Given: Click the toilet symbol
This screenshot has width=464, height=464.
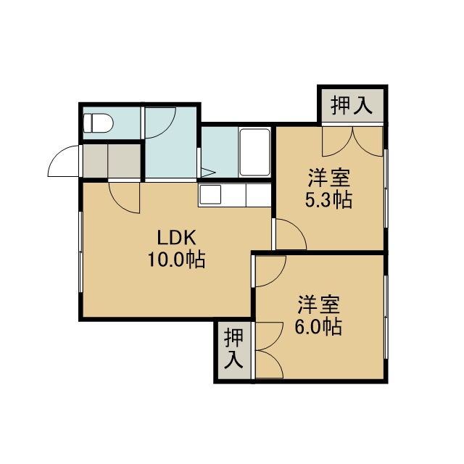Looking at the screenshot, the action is [x=98, y=123].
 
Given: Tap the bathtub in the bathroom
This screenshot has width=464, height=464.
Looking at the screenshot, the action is [x=254, y=152].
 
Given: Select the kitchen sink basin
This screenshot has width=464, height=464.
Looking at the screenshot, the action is [x=210, y=194].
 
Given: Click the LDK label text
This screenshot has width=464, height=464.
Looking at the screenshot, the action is [x=176, y=239].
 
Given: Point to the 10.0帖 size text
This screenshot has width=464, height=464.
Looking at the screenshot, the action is [x=176, y=260].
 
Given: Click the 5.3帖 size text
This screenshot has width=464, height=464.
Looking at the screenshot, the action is [x=328, y=200].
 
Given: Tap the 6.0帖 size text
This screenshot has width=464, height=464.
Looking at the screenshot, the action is [x=318, y=327].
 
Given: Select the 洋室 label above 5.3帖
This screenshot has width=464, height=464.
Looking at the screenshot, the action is [x=329, y=178].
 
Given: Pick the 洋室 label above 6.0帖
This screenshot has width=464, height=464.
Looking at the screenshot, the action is [x=318, y=304].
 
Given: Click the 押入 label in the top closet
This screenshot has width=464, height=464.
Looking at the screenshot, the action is [x=351, y=106].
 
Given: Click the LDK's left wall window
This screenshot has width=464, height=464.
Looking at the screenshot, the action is [x=80, y=252].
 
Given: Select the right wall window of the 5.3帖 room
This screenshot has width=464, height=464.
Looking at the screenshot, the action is [x=386, y=188].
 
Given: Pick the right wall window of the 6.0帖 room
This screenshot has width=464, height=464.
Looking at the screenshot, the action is [x=386, y=318].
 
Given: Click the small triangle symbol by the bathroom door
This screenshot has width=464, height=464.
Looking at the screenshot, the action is [x=208, y=172].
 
